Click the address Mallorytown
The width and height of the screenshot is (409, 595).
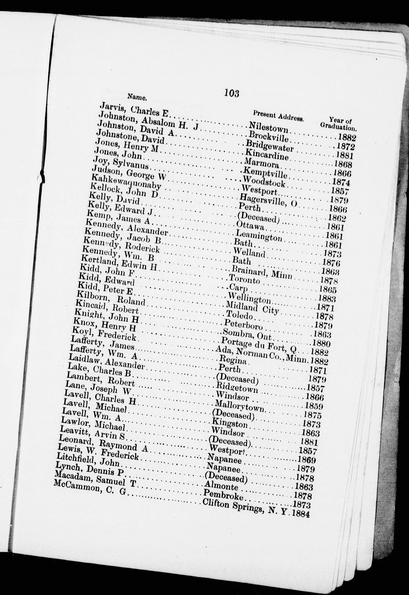[240, 405]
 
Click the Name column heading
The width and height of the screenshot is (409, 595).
[137, 97]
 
